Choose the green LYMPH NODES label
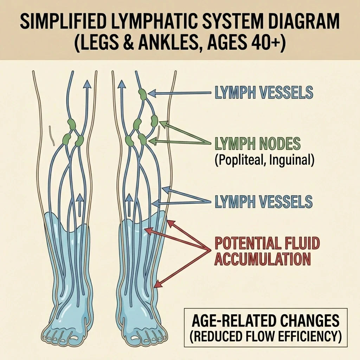click(x=257, y=144)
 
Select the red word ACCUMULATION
click(x=262, y=259)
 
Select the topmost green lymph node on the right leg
click(x=142, y=94)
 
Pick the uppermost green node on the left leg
click(x=71, y=124)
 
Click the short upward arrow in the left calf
click(x=80, y=204)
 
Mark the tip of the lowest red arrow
click(x=156, y=285)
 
